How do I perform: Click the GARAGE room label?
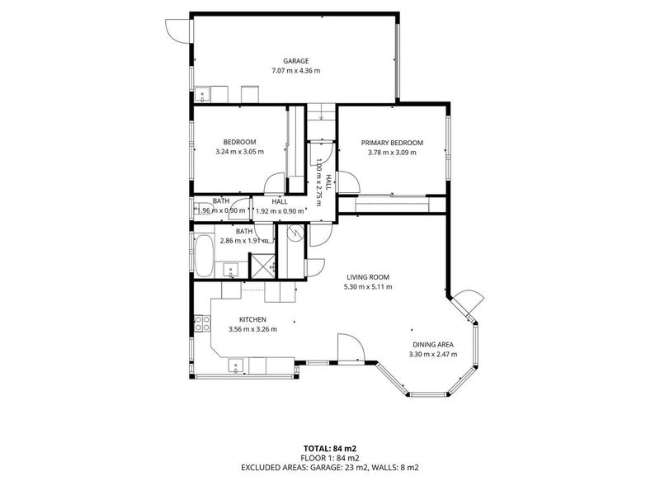(295, 61)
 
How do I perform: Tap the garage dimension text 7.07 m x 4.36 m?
(295, 71)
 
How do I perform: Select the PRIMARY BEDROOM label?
(392, 143)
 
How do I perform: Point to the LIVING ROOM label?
(368, 277)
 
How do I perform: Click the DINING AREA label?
(432, 344)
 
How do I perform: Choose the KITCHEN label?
(252, 319)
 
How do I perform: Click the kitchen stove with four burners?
(202, 323)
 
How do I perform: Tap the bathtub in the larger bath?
(204, 256)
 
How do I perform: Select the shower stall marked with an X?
(262, 266)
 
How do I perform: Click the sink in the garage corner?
(202, 95)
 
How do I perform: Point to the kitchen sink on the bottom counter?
(236, 365)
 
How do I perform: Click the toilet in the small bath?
(203, 209)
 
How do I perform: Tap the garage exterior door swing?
(177, 31)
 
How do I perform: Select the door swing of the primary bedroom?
(349, 182)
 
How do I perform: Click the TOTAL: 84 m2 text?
(330, 449)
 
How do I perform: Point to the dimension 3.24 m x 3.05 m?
(239, 152)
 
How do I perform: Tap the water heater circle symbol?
(295, 232)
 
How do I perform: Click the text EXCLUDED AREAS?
(274, 467)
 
